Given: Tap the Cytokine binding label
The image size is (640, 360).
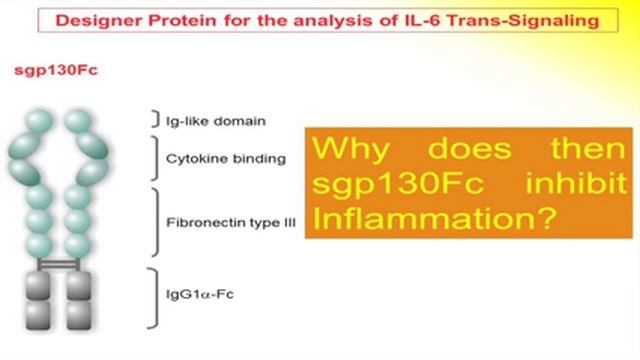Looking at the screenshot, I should pos(210,158).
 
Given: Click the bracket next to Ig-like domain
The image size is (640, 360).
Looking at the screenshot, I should pos(153,121).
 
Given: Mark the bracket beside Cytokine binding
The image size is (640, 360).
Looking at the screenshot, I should pos(153,158).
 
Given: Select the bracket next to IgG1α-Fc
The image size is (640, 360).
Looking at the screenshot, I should pos(153,296).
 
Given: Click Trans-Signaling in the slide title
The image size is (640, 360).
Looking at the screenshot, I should pos(520,18).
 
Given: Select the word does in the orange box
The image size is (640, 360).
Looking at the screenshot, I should pos(465,150).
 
